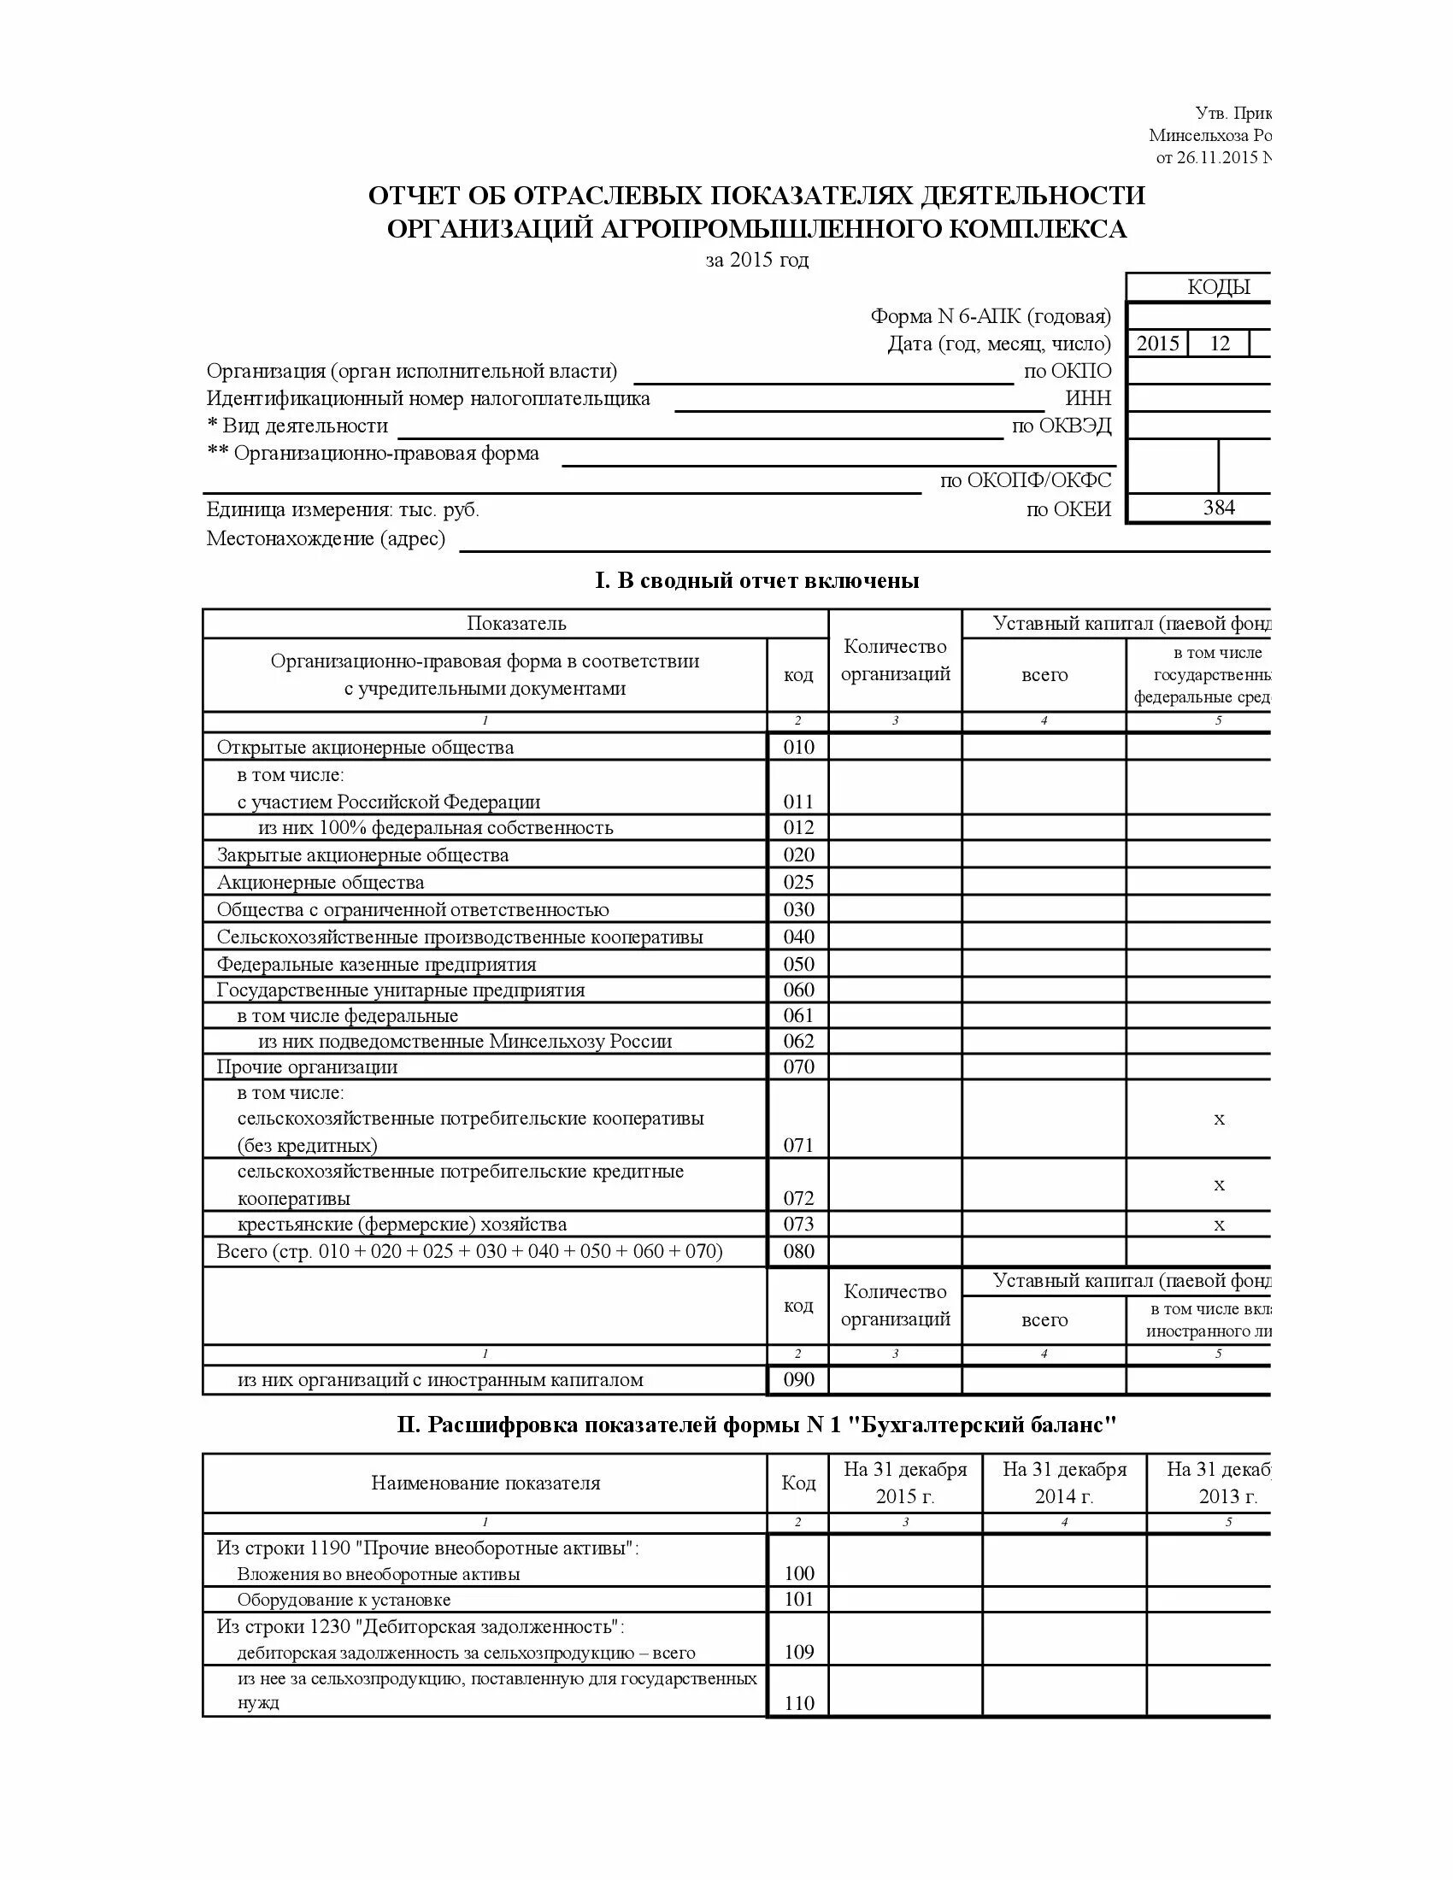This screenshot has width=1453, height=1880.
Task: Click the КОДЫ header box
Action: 1217,286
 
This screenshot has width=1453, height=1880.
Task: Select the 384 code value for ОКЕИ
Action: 1218,508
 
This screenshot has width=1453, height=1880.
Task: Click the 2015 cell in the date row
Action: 1157,344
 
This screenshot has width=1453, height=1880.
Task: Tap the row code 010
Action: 798,746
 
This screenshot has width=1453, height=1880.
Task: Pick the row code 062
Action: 798,1041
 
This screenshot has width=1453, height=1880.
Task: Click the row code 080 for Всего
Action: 798,1251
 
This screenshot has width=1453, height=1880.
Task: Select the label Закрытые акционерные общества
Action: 362,855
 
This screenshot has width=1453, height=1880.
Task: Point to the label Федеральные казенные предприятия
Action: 376,964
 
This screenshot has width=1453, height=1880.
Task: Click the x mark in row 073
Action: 1218,1224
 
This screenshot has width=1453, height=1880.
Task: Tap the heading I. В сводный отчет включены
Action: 756,580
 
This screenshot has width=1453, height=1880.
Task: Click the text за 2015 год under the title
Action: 756,260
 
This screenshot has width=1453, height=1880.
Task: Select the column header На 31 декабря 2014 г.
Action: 1064,1483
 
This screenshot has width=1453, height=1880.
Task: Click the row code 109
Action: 798,1651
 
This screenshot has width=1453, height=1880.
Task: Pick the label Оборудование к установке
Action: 344,1600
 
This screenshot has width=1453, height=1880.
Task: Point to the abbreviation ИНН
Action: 1088,398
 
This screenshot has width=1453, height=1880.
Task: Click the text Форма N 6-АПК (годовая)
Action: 990,316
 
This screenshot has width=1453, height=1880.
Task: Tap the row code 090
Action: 798,1379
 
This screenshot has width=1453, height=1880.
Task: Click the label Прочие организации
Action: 308,1066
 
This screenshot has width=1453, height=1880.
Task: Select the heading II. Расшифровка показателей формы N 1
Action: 756,1425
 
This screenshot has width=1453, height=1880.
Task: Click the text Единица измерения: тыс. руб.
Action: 343,509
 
